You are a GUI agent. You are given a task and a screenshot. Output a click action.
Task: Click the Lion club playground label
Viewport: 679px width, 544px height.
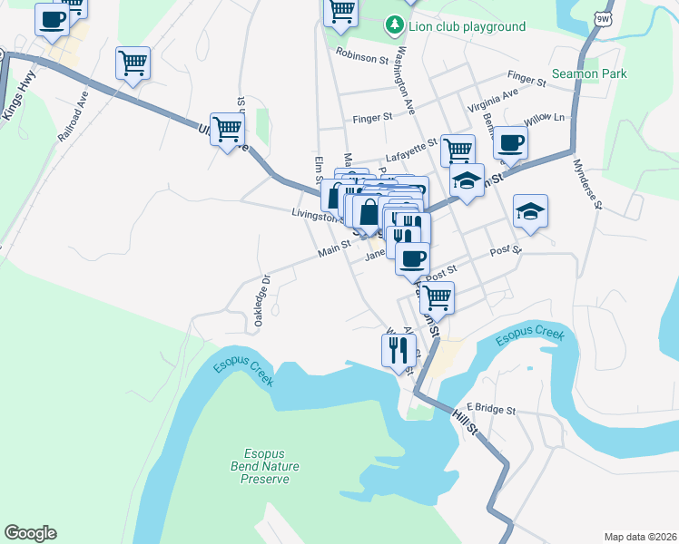(x=467, y=26)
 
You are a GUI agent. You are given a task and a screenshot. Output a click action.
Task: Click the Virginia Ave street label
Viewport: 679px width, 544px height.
(x=493, y=101)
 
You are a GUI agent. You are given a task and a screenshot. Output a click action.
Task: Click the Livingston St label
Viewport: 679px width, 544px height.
(x=317, y=215)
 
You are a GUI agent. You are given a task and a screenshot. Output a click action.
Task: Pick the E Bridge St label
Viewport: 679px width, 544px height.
(x=490, y=410)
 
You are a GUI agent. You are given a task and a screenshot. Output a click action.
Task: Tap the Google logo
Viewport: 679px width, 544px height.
(x=29, y=533)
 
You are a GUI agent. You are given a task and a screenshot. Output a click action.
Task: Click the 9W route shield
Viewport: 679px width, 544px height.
(x=604, y=18)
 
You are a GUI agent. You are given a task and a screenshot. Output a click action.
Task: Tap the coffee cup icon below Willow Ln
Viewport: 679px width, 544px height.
(x=510, y=141)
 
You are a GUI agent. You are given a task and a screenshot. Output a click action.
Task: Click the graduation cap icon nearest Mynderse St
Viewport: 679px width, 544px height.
(x=530, y=211)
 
